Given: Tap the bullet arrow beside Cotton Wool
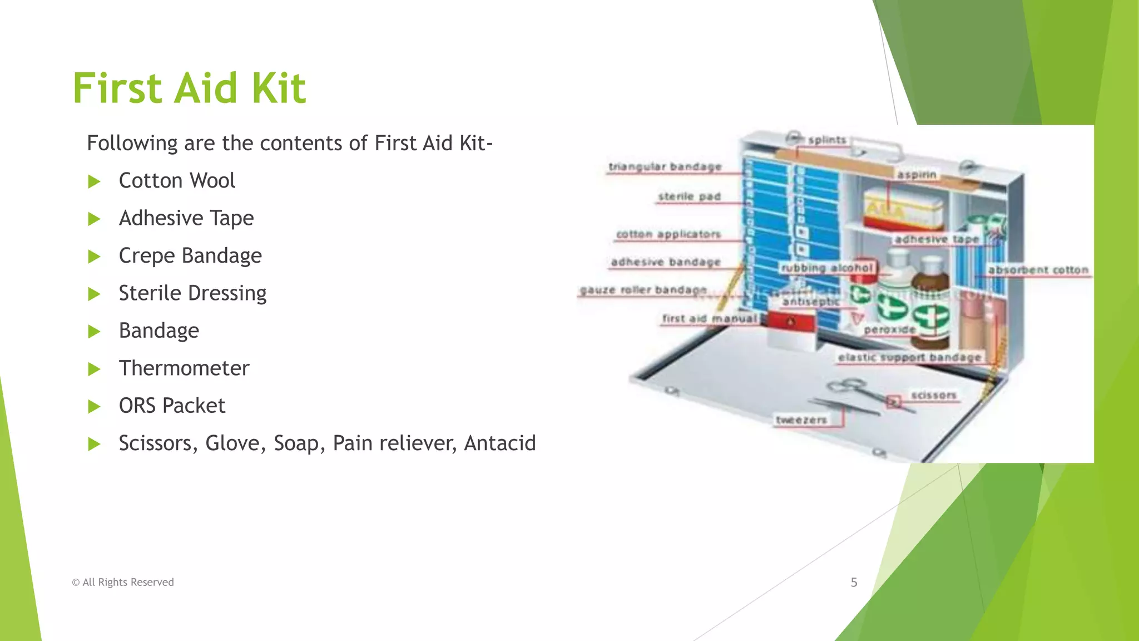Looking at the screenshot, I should coord(94,181).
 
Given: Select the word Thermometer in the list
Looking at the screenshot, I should coord(184,368).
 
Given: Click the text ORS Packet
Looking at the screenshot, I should coord(172,406).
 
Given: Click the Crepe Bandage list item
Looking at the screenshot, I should coord(190,256).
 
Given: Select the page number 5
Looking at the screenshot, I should coord(854,583).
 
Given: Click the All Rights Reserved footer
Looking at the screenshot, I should coord(123,583).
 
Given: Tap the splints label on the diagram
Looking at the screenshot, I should coord(827,140).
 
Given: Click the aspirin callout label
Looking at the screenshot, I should coord(917,175).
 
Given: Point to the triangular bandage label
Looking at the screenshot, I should coord(665,166).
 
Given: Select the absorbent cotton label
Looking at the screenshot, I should coord(1038,270).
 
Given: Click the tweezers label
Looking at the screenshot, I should coord(801,420).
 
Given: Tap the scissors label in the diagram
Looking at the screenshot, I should coord(934,396).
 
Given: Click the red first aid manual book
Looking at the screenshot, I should coord(791,322).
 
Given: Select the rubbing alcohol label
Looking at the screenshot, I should coord(827,268).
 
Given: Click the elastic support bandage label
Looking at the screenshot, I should coord(909,357).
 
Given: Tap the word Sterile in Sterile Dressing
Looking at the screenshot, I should coord(146,293).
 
